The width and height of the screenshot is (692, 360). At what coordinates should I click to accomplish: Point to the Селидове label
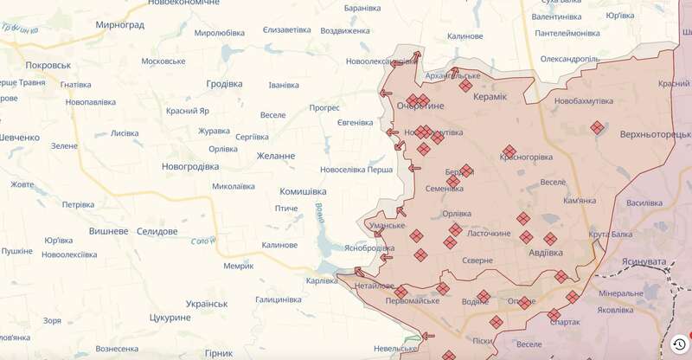(157, 232)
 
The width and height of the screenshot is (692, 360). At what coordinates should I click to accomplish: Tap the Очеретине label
(420, 106)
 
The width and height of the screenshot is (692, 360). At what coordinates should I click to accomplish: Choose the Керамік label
(490, 97)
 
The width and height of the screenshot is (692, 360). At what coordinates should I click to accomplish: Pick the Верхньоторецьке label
(656, 135)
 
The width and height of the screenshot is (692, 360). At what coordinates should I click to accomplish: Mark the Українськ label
(206, 305)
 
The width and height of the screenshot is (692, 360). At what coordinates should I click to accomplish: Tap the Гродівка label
(224, 84)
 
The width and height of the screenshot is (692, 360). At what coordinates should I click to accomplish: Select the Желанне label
(276, 156)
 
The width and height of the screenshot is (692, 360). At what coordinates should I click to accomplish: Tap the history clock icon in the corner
(679, 344)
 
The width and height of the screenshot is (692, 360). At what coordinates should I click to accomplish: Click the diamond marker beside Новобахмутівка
(597, 127)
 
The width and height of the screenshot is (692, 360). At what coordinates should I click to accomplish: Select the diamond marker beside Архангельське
(465, 85)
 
